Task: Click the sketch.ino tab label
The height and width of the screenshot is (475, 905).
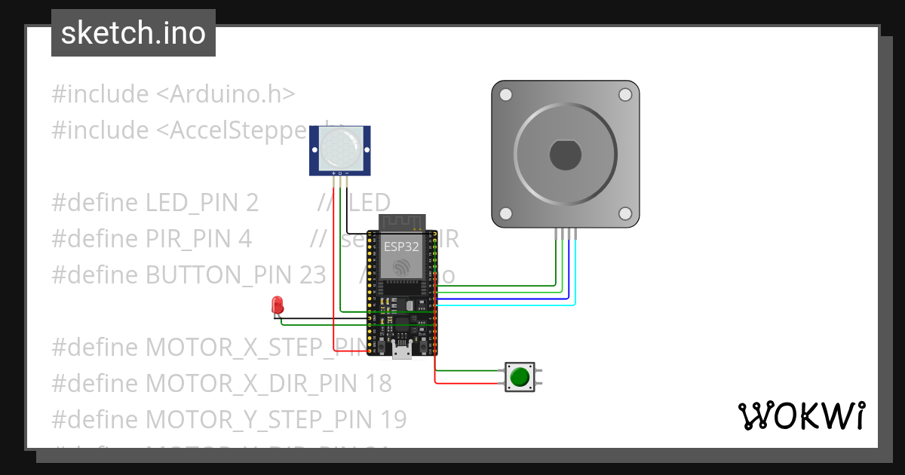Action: coord(133,33)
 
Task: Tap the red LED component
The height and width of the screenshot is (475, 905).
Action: coord(277,305)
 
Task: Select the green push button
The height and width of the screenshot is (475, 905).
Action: coord(519,377)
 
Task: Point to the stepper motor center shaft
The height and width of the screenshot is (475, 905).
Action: coord(565,155)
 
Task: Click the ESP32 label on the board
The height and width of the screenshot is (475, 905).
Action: coord(401,247)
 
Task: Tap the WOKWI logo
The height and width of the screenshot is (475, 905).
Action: coord(800,415)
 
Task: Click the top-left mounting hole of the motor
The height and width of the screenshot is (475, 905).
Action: coord(506,95)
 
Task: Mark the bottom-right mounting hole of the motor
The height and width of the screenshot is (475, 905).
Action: coord(624,213)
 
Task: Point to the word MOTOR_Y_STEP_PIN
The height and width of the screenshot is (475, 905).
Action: coord(256,419)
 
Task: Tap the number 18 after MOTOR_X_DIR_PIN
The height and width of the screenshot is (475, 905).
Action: coord(377,384)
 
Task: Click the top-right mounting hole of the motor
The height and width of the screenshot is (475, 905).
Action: coord(624,95)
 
